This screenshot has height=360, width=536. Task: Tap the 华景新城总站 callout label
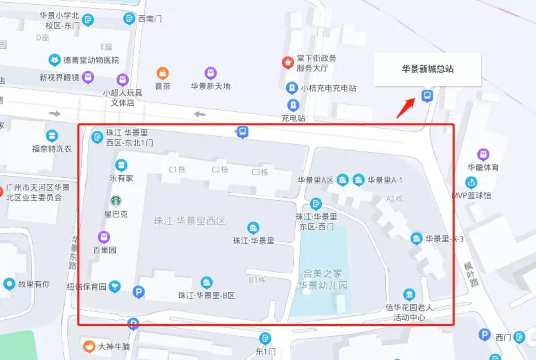pos(427,69)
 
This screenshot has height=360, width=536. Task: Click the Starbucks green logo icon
pos(115,201)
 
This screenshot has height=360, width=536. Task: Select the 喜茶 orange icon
pos(162,73)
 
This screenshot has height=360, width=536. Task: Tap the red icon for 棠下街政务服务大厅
pos(287,63)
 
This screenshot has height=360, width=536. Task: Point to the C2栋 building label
pos(219,170)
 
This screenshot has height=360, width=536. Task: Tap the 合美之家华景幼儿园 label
pos(323,279)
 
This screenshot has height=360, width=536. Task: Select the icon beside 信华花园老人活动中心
pos(409,294)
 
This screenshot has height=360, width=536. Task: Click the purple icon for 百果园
pos(104,237)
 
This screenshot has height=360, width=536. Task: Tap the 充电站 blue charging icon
pos(293,105)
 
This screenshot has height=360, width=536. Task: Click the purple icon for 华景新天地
pos(211,73)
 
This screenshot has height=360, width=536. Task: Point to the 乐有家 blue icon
pos(121,165)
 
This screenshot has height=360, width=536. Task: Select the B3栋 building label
pos(257,280)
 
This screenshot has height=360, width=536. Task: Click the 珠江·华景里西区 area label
pos(189,221)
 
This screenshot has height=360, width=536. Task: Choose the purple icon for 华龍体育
pos(483,155)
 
